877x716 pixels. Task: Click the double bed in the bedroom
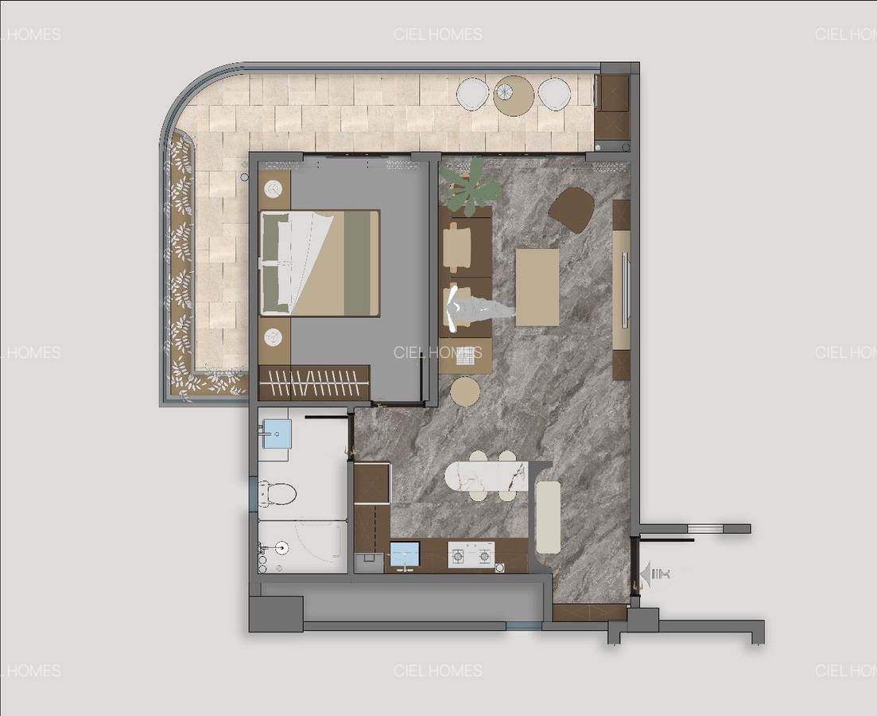coord(320,263)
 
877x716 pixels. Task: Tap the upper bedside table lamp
coord(274,189)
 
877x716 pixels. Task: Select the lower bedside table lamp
coord(274,337)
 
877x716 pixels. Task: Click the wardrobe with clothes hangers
coord(314,383)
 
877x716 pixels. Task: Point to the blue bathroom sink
coord(275,434)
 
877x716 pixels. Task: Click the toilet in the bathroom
coord(277,494)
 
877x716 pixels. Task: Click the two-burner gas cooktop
coord(471,555)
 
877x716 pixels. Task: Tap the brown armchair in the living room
coord(571,209)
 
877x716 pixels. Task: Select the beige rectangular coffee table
coord(537,287)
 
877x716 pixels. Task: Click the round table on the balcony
coord(514,95)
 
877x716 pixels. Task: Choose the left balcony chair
coord(473,94)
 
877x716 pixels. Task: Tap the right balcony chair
coord(554,94)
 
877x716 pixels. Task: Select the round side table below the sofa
coord(465,391)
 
